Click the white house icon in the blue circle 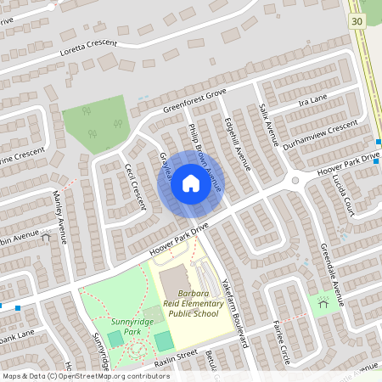coord(190,183)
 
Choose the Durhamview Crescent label coord(320,135)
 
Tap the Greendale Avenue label coord(331,269)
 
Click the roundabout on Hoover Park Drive coord(295,180)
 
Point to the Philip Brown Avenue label coord(204,158)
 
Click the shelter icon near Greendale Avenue coord(323,301)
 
